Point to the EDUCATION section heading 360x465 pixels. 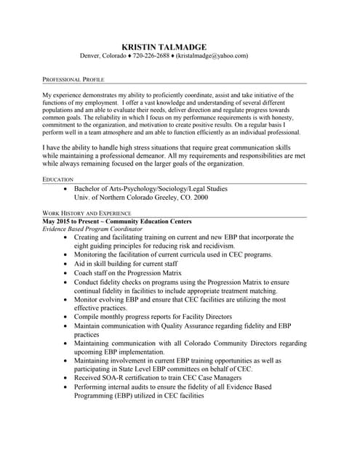(x=58, y=179)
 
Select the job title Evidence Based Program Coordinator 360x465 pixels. (x=91, y=228)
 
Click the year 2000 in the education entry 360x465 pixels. (x=200, y=197)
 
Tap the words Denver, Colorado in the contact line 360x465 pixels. (x=102, y=56)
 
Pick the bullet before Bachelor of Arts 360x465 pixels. (x=66, y=188)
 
